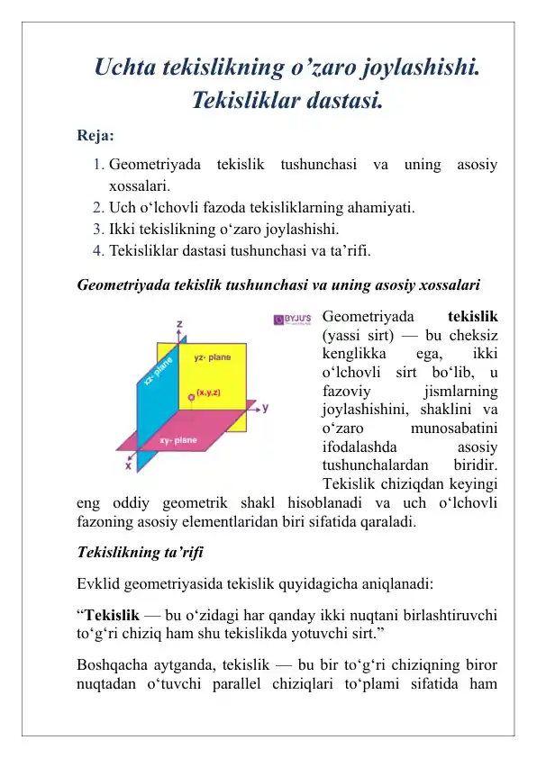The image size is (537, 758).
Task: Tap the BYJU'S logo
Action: [292, 319]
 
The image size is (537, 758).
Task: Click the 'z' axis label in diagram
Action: [180, 323]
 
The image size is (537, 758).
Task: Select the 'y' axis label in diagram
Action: [265, 407]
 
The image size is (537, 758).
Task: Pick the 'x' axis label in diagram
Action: [128, 466]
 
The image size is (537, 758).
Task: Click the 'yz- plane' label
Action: [213, 358]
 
